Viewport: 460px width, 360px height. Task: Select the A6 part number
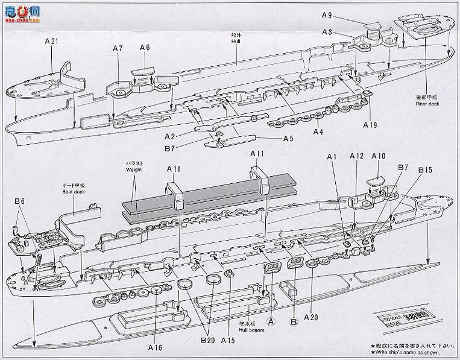(x=145, y=48)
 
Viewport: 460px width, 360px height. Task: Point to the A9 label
(x=327, y=15)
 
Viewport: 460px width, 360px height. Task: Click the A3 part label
(x=327, y=32)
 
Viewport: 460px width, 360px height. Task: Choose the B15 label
(x=426, y=170)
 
